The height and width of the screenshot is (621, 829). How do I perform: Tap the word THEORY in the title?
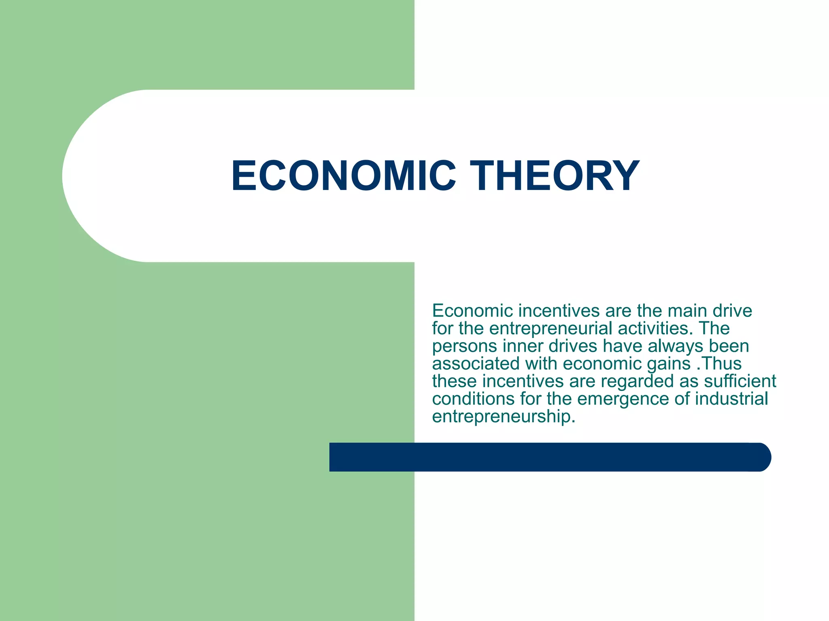(x=557, y=176)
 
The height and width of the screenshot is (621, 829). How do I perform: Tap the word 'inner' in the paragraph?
(x=523, y=346)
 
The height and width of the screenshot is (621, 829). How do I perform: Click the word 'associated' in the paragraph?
(x=476, y=363)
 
